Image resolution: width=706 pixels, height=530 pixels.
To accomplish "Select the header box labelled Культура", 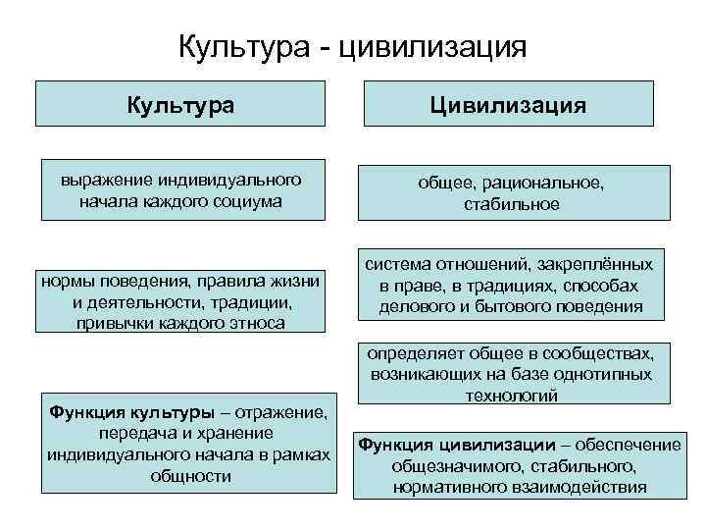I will click(x=179, y=103).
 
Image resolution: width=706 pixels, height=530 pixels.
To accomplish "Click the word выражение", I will click(x=102, y=181).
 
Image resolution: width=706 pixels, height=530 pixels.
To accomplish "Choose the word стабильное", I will click(x=511, y=204).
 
